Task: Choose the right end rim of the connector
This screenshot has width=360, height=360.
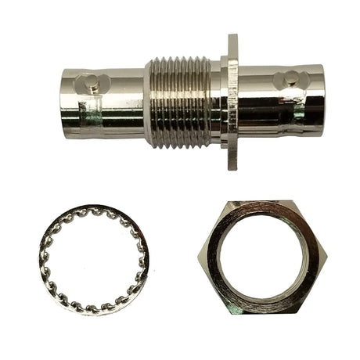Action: tap(320, 99)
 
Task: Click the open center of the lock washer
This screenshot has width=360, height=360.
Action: tap(92, 259)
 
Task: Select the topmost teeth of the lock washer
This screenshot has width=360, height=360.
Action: tap(92, 211)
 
